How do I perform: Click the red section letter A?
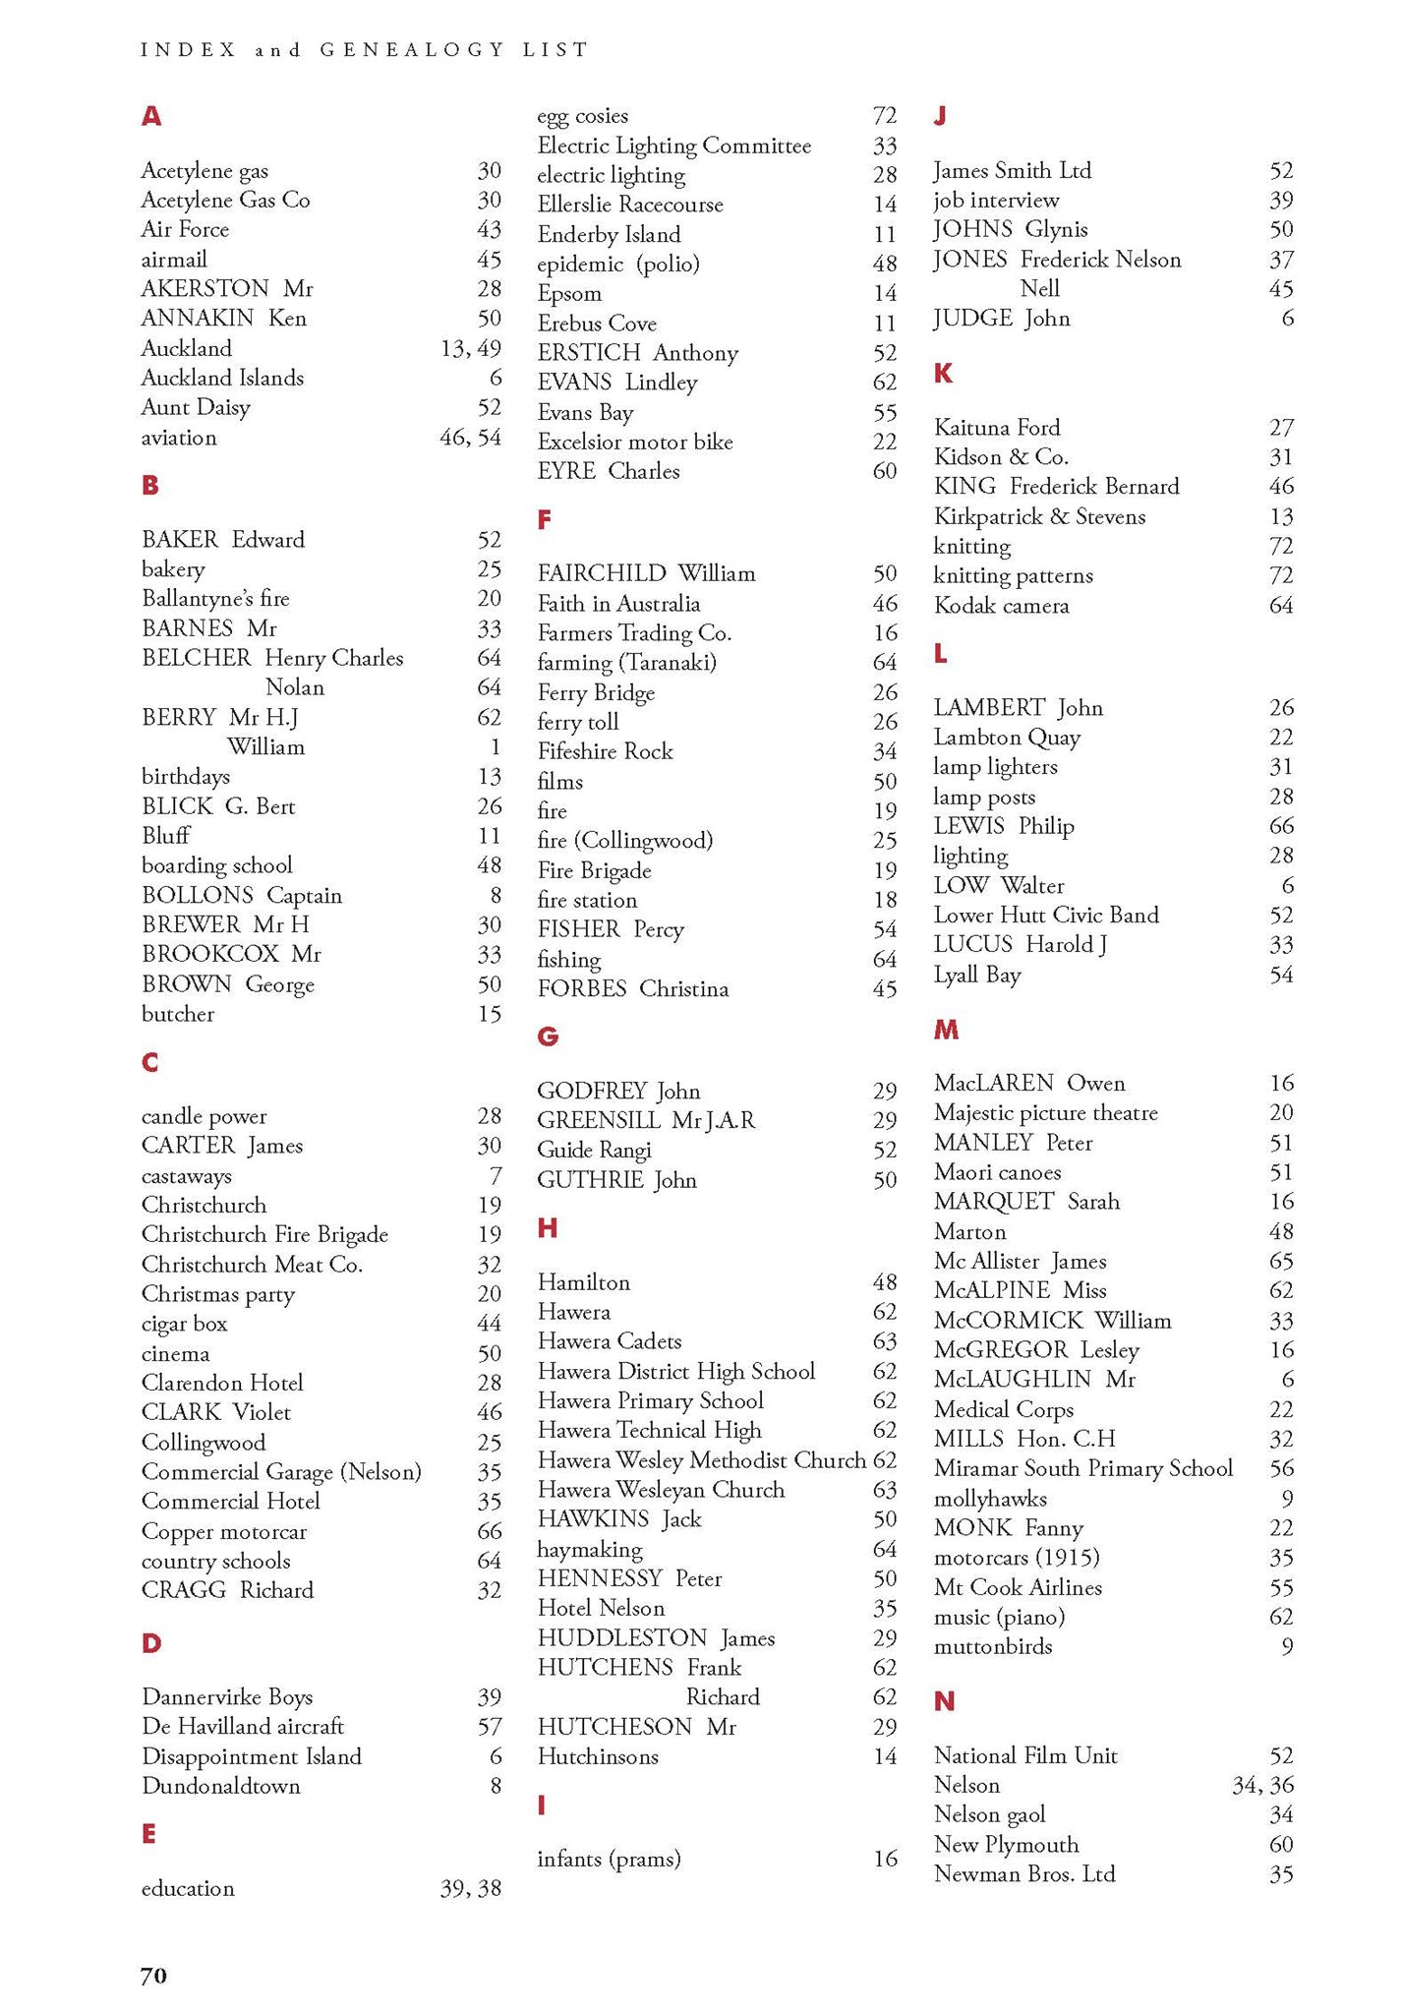coord(150,116)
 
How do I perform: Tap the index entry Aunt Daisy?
coord(196,407)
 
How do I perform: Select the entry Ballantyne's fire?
coord(215,599)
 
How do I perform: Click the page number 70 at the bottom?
coord(153,1976)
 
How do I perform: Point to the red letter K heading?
coord(943,373)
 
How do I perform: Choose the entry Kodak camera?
coord(1001,606)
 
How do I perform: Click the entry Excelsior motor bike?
coord(635,443)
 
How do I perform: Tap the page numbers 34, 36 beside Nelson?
coord(1262,1785)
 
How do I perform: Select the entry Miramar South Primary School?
coord(1082,1468)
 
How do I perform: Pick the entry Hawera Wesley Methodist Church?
coord(701,1460)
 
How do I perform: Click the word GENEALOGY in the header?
coord(412,49)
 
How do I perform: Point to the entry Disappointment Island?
coord(252,1756)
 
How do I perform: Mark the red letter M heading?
coord(946,1030)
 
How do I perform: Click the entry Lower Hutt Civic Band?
coord(1046,916)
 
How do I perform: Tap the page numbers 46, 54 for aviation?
coord(470,438)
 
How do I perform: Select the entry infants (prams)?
coord(609,1859)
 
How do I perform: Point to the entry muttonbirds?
coord(993,1646)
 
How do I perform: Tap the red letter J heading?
coord(940,116)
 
